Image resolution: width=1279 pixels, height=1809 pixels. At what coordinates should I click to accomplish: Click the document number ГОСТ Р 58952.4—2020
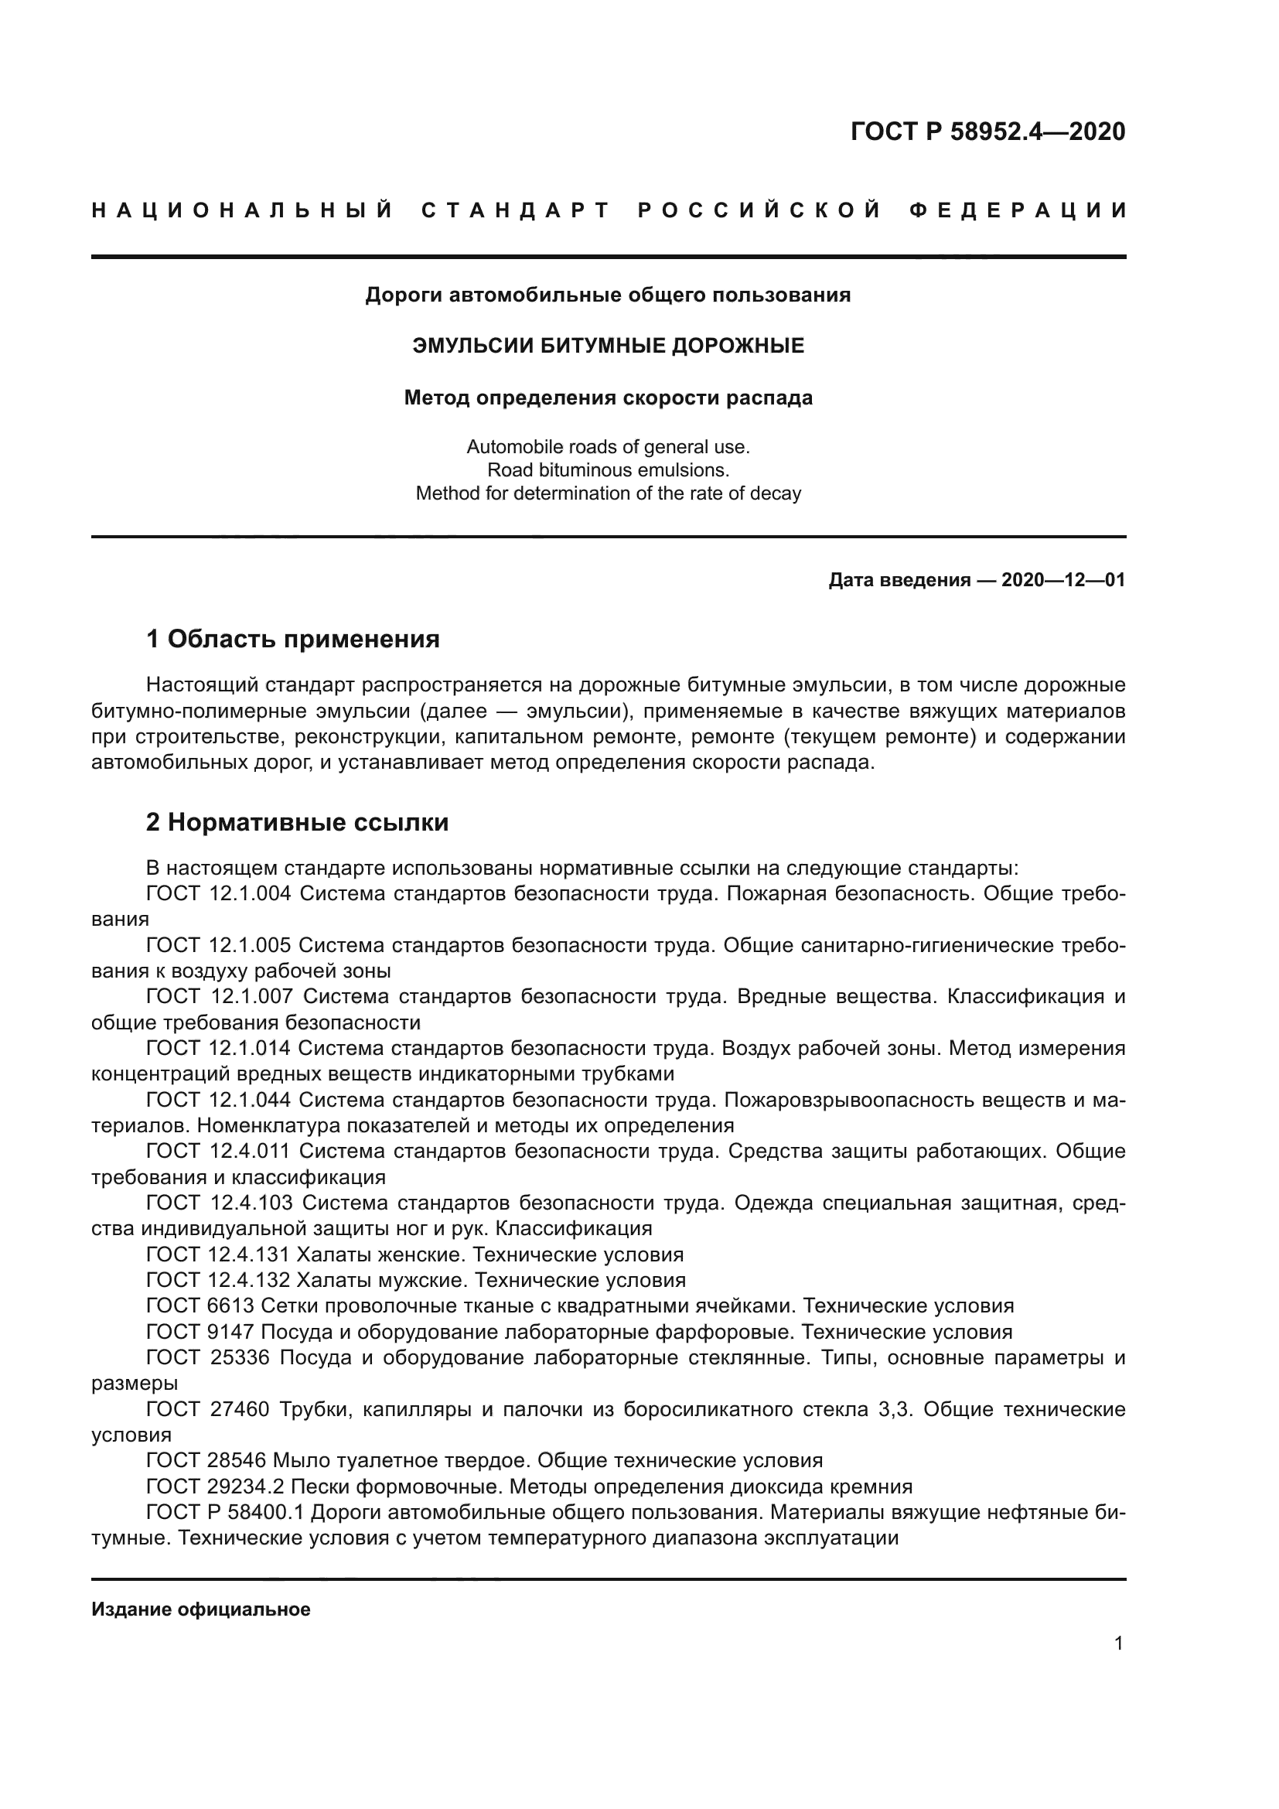pos(987,131)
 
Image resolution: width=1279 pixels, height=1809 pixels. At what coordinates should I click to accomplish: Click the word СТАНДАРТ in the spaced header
pos(517,210)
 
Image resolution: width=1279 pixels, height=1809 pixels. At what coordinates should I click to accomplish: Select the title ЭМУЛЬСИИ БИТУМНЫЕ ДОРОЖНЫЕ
pos(608,345)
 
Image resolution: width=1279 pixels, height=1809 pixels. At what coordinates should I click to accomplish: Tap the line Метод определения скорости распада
pos(608,398)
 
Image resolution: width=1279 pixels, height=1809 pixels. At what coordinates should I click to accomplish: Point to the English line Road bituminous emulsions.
pos(608,470)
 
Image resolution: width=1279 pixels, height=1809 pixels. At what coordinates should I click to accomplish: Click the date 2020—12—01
pos(1062,581)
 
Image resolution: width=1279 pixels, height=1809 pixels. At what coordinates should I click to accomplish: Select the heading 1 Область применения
pos(293,639)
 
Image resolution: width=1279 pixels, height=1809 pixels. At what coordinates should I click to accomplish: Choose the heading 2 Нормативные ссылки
pos(298,823)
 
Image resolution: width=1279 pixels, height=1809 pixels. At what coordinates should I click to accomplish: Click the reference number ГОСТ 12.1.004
pos(219,893)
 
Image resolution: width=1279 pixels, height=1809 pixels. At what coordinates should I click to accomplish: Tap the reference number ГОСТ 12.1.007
pos(219,997)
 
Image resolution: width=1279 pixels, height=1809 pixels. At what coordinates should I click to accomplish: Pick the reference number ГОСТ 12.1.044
pos(219,1100)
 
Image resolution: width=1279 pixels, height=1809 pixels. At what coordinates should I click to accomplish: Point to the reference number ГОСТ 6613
pos(200,1306)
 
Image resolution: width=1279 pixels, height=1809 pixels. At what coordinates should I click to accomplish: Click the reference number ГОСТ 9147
pos(200,1333)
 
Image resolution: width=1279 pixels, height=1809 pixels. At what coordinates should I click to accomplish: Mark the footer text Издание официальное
pos(201,1609)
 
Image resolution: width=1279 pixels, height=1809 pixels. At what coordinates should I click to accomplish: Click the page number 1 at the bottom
pos(1118,1643)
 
